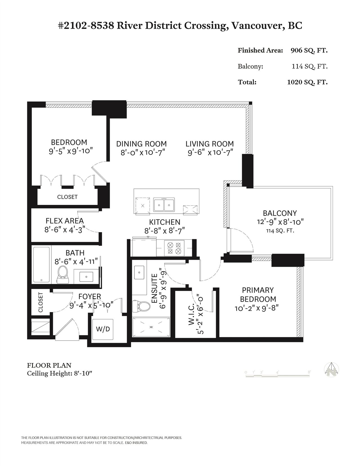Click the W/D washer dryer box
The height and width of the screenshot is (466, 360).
103,329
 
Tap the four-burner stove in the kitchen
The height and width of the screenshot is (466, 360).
174,248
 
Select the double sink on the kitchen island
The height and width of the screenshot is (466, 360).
164,205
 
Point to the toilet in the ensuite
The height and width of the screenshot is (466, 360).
141,306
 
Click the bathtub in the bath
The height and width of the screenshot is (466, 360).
42,265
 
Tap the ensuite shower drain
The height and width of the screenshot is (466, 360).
151,327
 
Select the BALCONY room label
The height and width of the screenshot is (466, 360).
280,213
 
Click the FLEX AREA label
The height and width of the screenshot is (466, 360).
64,221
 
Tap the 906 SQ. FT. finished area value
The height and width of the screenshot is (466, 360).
309,50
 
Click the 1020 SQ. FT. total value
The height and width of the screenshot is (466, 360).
307,82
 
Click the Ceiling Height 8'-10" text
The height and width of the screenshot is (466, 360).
60,373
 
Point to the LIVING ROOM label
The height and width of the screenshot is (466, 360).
210,144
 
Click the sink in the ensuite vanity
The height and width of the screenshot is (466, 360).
139,272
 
